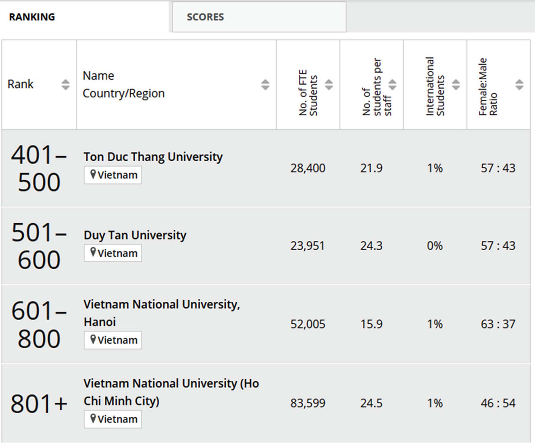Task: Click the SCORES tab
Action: point(205,17)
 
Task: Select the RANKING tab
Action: point(32,17)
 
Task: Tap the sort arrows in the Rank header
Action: point(65,85)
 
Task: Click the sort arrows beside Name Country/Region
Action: point(265,85)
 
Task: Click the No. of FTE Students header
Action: point(308,92)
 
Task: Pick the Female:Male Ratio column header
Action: point(488,87)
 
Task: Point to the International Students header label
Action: point(435,87)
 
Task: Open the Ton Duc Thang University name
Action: point(153,157)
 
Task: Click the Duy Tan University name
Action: point(135,235)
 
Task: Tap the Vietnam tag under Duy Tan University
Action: point(113,253)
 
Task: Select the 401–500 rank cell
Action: point(39,168)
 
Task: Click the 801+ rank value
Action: point(39,403)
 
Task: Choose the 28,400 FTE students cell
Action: point(308,168)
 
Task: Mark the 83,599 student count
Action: point(308,403)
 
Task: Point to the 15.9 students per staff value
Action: point(371,324)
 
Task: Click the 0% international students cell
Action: point(435,246)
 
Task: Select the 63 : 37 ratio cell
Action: point(498,324)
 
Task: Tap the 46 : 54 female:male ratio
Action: point(498,403)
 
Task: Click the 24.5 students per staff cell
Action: point(371,403)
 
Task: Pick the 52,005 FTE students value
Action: point(308,324)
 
